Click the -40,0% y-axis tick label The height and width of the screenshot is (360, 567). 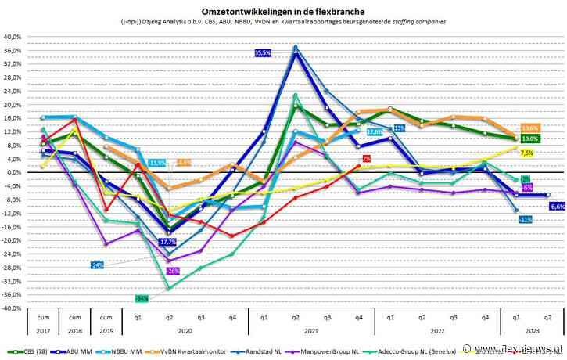pyautogui.click(x=13, y=308)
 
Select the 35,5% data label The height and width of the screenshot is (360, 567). pyautogui.click(x=263, y=52)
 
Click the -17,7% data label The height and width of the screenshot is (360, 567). pyautogui.click(x=167, y=242)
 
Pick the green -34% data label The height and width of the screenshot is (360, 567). pyautogui.click(x=142, y=298)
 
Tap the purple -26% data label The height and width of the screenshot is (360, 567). pyautogui.click(x=173, y=270)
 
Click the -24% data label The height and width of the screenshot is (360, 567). pyautogui.click(x=97, y=265)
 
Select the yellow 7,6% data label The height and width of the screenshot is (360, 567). pyautogui.click(x=526, y=153)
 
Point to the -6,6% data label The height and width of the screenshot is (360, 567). pyautogui.click(x=558, y=207)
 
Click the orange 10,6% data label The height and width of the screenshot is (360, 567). pyautogui.click(x=529, y=128)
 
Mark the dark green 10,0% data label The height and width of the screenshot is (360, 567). pyautogui.click(x=529, y=139)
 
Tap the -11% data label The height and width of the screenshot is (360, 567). pyautogui.click(x=526, y=219)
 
